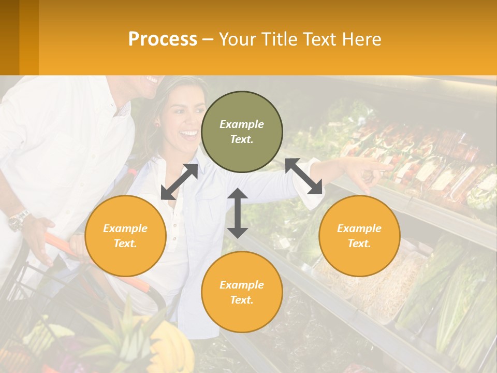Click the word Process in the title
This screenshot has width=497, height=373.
[x=163, y=39]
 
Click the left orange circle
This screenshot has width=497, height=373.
[x=125, y=236]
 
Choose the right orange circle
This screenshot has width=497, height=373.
[x=359, y=236]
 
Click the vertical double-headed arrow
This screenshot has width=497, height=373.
[x=238, y=213]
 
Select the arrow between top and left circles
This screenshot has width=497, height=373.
[x=179, y=182]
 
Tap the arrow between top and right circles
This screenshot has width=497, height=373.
[x=303, y=176]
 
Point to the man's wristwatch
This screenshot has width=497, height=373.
[x=18, y=220]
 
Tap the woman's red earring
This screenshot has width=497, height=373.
[x=157, y=124]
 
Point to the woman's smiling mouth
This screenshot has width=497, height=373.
[x=188, y=135]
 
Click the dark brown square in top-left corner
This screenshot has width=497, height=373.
[x=9, y=37]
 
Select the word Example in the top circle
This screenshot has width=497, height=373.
[x=242, y=124]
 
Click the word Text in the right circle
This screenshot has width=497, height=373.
[x=358, y=243]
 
